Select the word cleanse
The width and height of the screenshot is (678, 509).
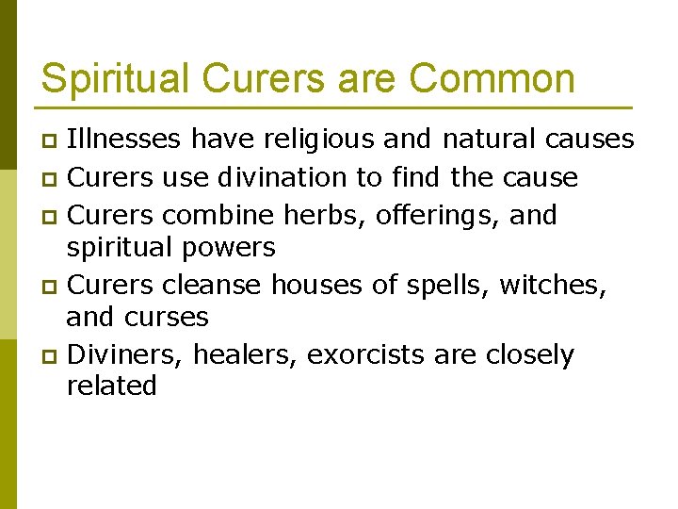pos(213,283)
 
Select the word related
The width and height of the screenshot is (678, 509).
pos(111,386)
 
